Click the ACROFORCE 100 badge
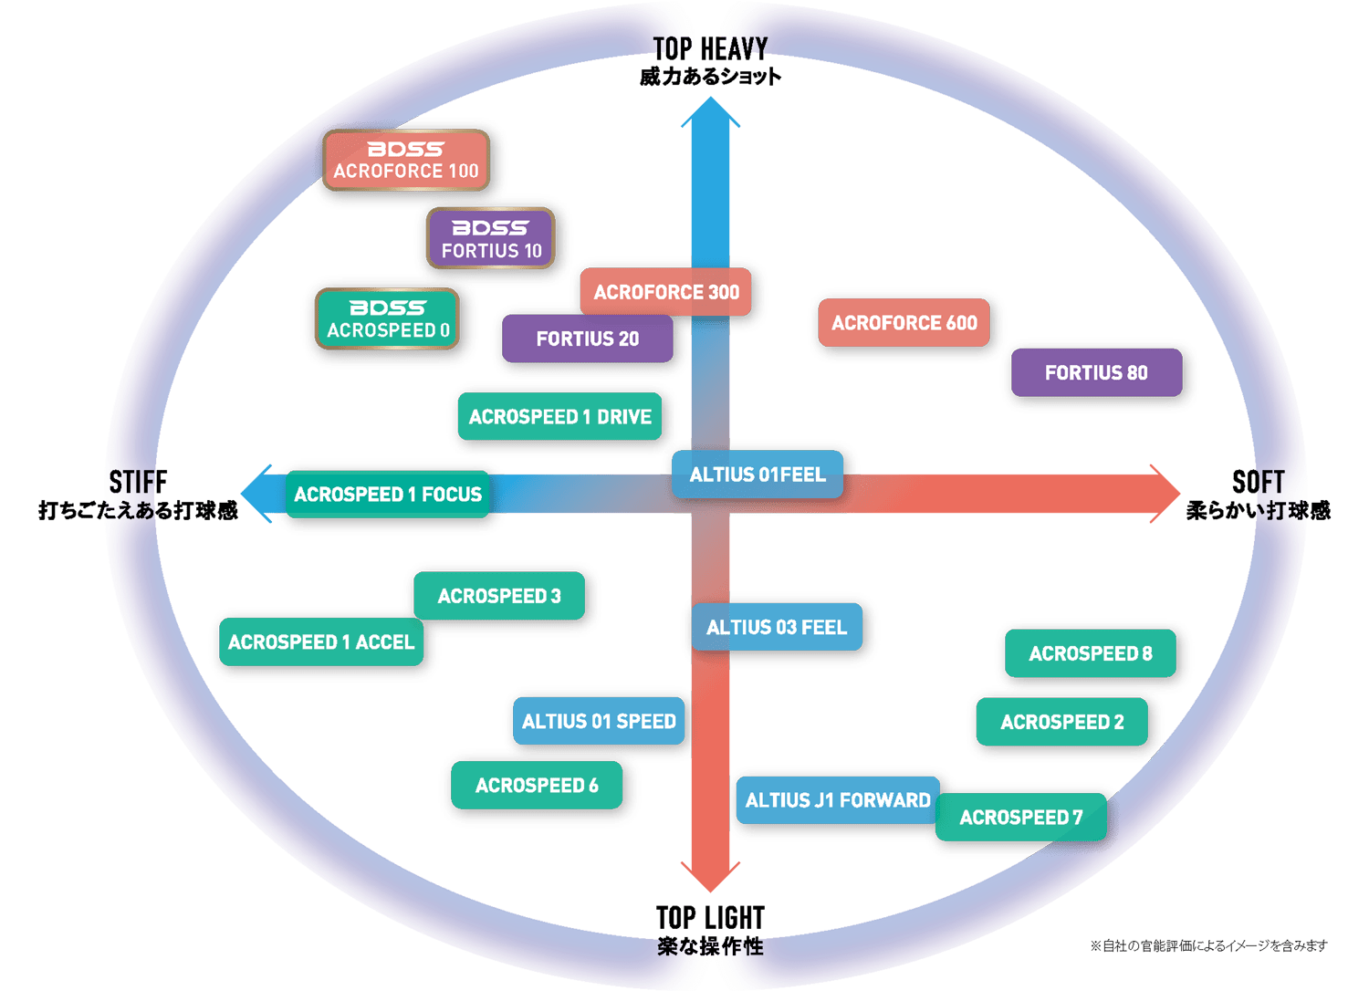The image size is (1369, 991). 406,161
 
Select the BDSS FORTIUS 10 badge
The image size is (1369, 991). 491,239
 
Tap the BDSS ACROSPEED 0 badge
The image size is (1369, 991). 387,318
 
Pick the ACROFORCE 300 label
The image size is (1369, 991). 665,292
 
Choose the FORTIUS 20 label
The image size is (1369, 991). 587,339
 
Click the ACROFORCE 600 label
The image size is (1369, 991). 904,323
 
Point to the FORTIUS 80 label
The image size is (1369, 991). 1096,372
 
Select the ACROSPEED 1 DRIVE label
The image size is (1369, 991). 559,417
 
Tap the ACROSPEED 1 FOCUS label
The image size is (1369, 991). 388,495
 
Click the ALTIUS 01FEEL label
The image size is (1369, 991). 757,475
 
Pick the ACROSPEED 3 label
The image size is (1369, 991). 499,596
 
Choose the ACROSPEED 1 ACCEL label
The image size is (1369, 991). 321,642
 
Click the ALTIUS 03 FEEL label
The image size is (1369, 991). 777,627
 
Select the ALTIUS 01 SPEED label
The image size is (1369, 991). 599,721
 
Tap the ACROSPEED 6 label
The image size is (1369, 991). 537,785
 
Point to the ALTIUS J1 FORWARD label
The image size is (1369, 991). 838,800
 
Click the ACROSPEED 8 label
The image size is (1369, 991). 1090,653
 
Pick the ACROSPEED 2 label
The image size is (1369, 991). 1061,722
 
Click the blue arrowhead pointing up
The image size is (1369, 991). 710,113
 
